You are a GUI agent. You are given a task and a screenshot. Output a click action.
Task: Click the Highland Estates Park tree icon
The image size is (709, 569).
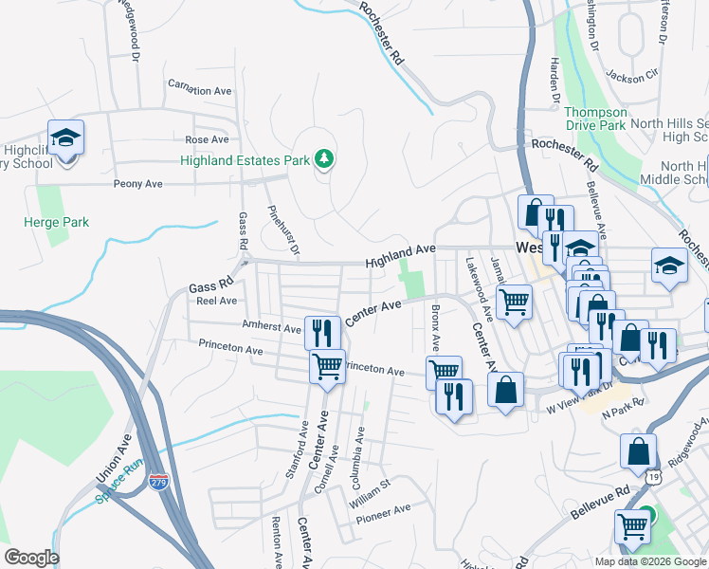(324, 158)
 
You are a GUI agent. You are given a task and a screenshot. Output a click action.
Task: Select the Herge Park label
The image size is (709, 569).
(56, 222)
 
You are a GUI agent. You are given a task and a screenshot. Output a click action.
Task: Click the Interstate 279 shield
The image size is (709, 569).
(159, 483)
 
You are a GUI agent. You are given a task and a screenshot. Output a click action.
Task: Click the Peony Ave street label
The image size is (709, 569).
(138, 183)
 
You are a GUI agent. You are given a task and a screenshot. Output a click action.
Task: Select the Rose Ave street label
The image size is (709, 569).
(207, 139)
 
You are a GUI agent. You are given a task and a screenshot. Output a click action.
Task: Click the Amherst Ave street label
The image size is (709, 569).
(272, 326)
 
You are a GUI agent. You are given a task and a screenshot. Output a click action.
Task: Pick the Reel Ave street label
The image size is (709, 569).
(216, 301)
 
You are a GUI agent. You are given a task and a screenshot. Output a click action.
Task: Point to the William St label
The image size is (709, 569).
(370, 492)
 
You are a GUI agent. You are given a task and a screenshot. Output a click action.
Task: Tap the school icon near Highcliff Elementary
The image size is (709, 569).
(66, 138)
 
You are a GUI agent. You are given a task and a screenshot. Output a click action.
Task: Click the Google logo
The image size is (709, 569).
(32, 558)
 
